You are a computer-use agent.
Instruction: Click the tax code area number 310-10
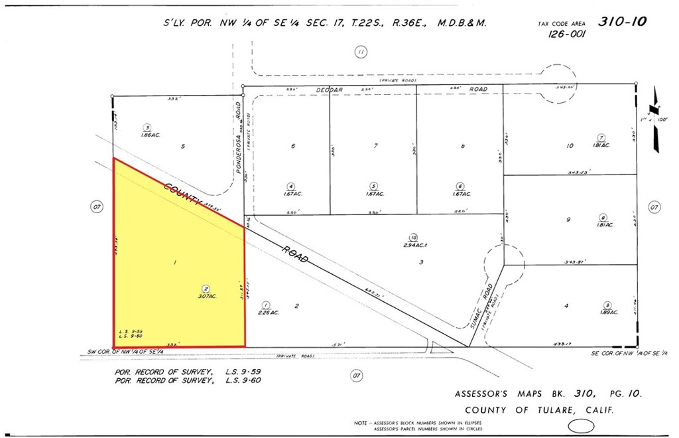(621, 21)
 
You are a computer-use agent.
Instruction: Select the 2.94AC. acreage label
(414, 245)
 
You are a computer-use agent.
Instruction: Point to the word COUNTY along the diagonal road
(182, 195)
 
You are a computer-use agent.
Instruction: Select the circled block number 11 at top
(360, 52)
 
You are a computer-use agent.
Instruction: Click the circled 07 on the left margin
(97, 208)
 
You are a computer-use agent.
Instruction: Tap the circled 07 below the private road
(357, 376)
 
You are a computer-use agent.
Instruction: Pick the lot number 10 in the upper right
(569, 146)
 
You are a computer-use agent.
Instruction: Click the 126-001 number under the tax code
(566, 35)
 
